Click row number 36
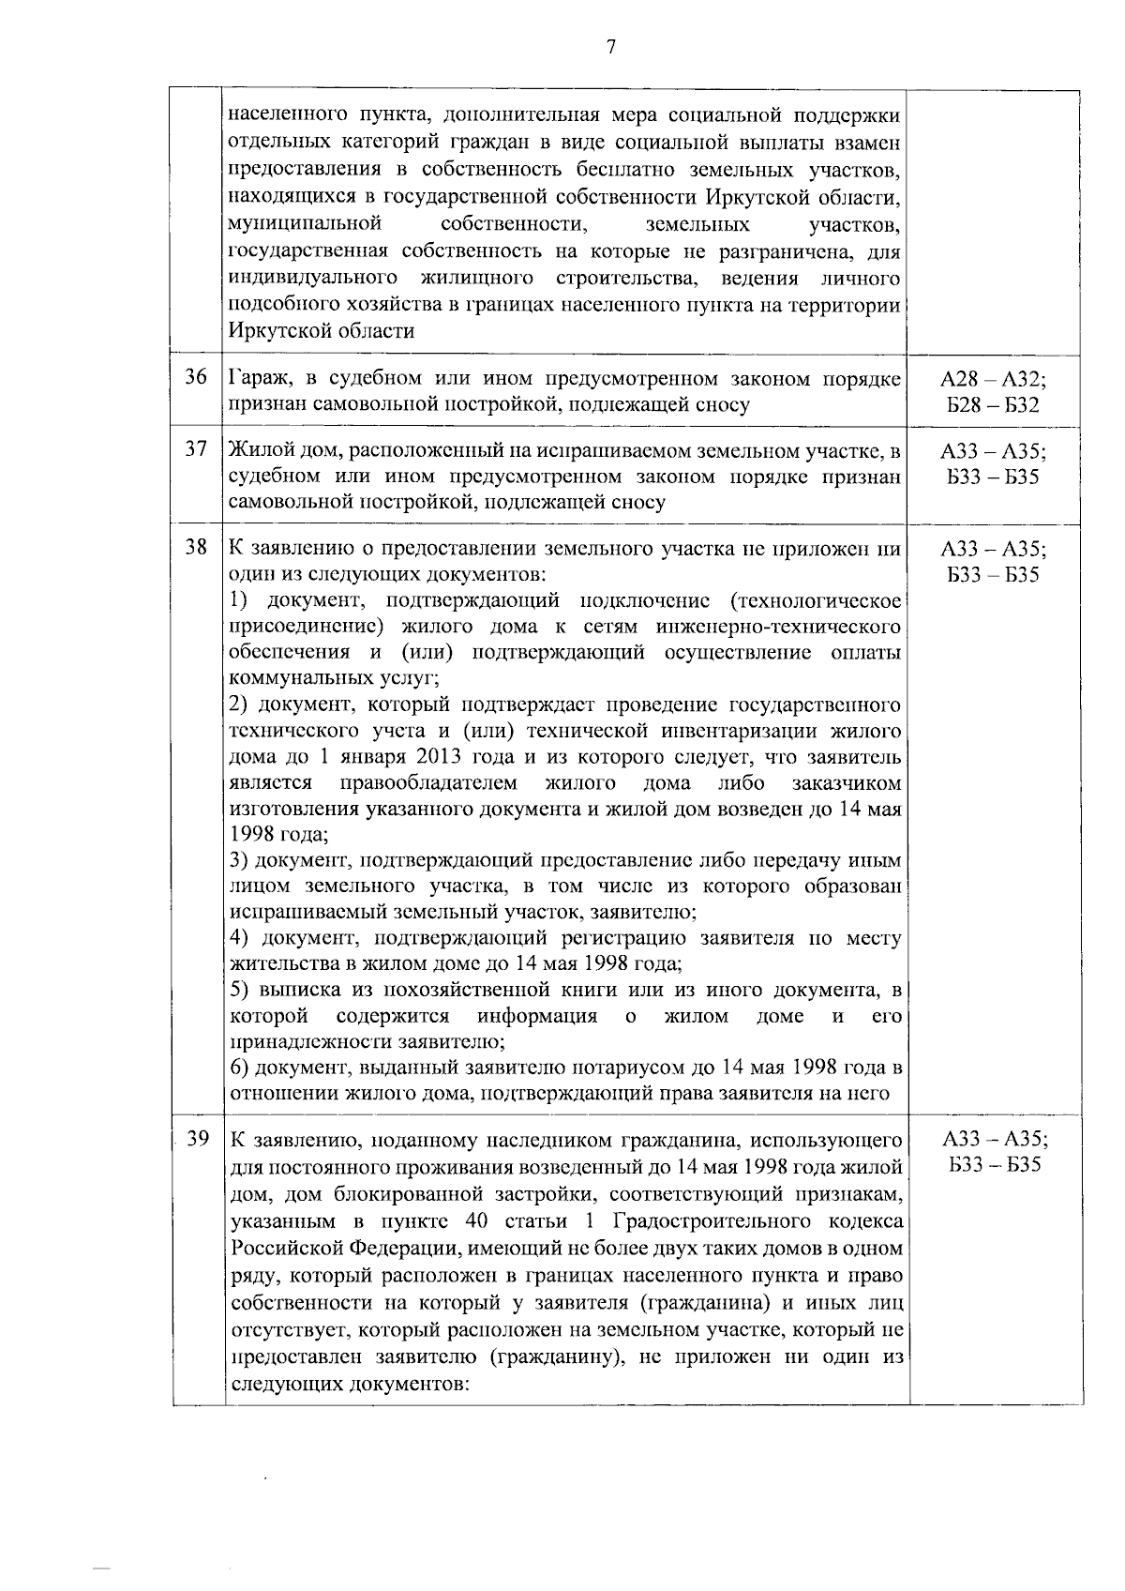(195, 378)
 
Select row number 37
(195, 449)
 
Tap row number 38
(195, 547)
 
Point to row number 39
(197, 1140)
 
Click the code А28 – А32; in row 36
(994, 379)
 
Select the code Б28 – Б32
(994, 405)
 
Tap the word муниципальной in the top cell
(304, 225)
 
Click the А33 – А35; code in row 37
(994, 450)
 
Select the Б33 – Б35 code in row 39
(994, 1166)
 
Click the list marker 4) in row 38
(241, 938)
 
